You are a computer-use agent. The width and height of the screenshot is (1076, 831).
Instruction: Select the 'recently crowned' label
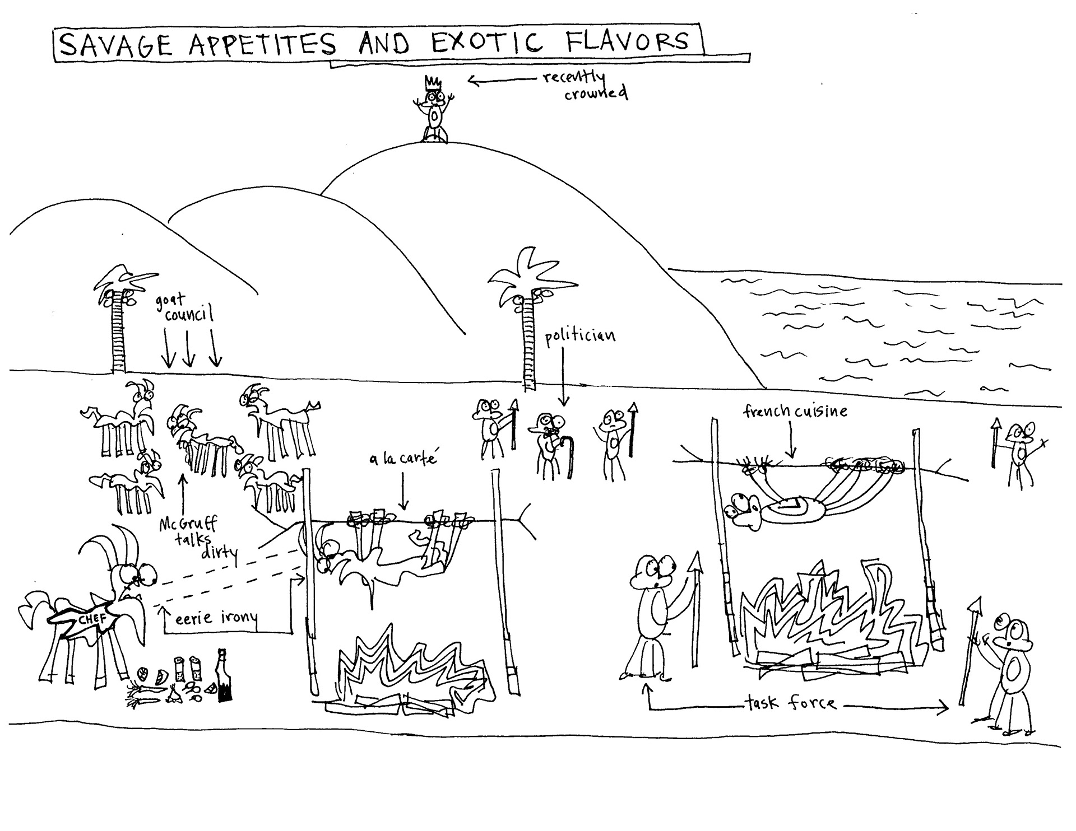pyautogui.click(x=583, y=85)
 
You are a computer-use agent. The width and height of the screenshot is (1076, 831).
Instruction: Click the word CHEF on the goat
pyautogui.click(x=92, y=620)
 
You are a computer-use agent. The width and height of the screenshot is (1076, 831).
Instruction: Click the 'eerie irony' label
pyautogui.click(x=216, y=618)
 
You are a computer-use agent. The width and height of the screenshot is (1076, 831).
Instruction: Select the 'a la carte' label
pyautogui.click(x=402, y=460)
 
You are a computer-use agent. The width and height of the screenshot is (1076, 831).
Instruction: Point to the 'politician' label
pyautogui.click(x=580, y=336)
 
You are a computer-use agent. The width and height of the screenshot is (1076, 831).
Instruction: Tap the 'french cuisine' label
pyautogui.click(x=795, y=412)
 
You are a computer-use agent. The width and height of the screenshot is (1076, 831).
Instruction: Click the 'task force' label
pyautogui.click(x=790, y=703)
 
